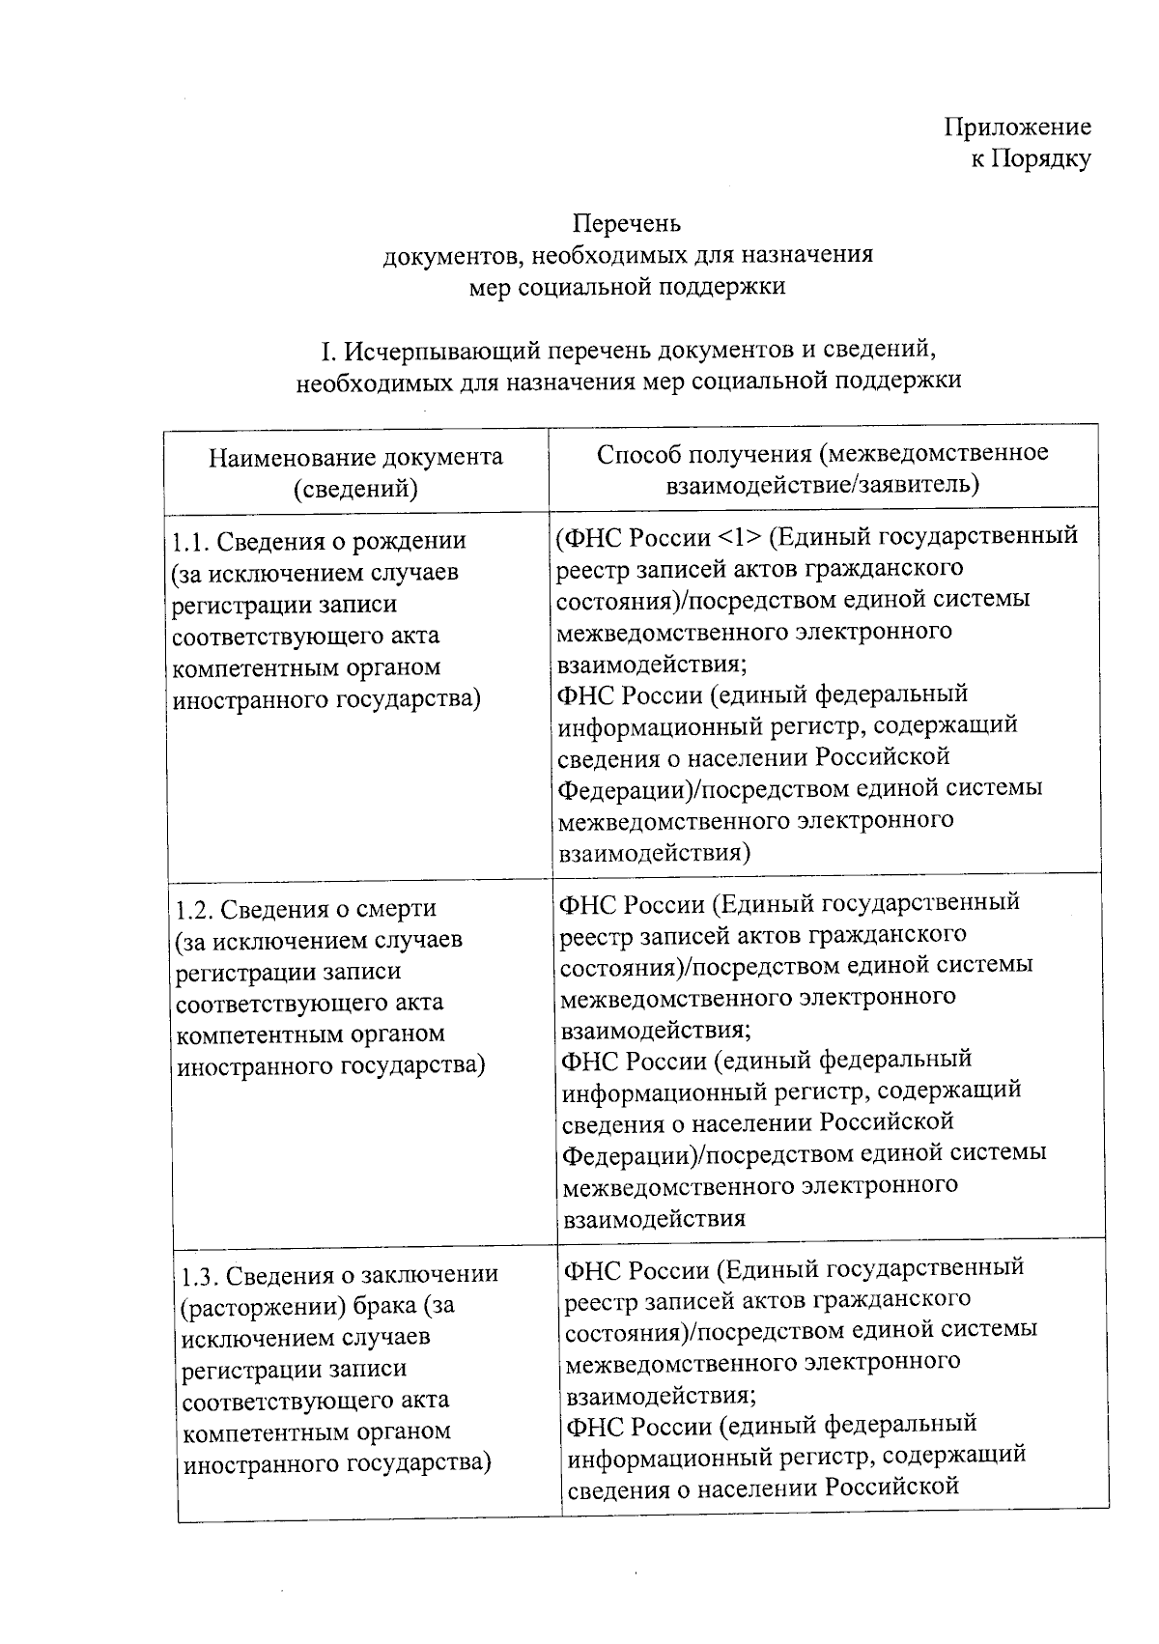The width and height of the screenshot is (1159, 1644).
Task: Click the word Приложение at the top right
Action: pyautogui.click(x=1017, y=127)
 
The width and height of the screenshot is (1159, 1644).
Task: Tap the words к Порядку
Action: pyautogui.click(x=1031, y=158)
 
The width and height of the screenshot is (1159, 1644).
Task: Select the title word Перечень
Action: pyautogui.click(x=627, y=223)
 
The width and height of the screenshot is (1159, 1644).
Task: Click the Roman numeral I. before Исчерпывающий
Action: pyautogui.click(x=330, y=349)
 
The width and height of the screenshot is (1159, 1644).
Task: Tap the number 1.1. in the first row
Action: pyautogui.click(x=192, y=542)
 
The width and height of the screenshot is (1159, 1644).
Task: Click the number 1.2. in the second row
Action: pyautogui.click(x=196, y=909)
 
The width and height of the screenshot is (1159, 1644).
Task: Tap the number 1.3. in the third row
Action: pyautogui.click(x=202, y=1275)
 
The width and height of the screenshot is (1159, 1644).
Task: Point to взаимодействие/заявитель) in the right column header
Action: pyautogui.click(x=822, y=484)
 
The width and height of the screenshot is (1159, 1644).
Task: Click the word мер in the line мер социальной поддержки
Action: pyautogui.click(x=490, y=287)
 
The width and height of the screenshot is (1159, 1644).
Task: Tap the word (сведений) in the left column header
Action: pyautogui.click(x=355, y=490)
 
